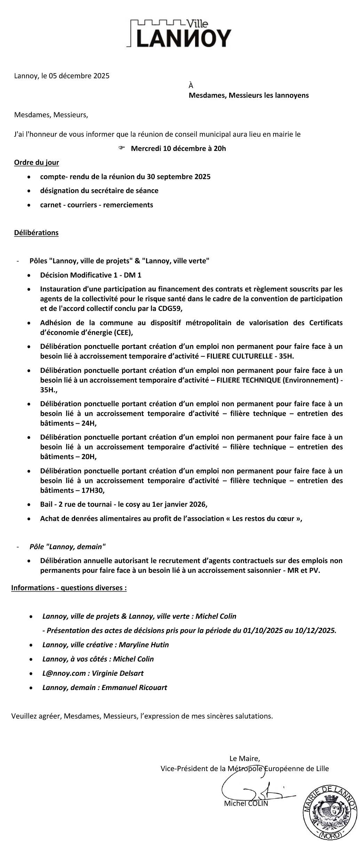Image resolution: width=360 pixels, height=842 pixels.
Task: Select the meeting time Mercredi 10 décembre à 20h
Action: [178, 149]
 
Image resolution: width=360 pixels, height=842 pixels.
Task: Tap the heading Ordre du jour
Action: [37, 162]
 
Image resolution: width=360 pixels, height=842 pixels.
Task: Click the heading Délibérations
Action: [36, 233]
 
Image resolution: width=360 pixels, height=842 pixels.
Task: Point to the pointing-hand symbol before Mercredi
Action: [121, 148]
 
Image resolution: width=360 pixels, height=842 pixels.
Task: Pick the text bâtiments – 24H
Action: [68, 423]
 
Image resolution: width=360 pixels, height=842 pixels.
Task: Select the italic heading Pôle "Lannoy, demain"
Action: [67, 546]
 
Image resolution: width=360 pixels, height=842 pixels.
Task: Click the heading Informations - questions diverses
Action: [69, 588]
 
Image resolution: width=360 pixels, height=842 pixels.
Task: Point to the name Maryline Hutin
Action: [144, 644]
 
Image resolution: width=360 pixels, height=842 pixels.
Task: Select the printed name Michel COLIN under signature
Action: [246, 803]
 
